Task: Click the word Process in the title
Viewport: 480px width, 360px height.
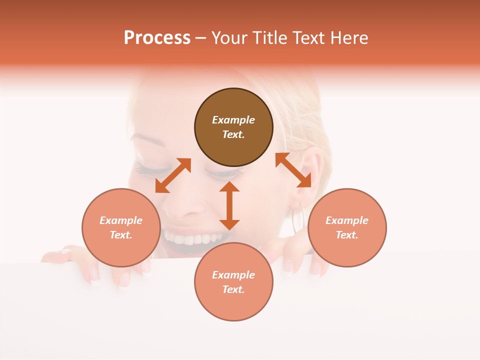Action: (157, 38)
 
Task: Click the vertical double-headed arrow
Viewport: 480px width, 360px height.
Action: (229, 205)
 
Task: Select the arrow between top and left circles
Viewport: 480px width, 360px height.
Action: (173, 175)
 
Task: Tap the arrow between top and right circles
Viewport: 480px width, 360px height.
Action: (293, 170)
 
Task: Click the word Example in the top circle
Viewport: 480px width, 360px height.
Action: (233, 120)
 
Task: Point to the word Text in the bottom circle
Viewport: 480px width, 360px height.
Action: (233, 289)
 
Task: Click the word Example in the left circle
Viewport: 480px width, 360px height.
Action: (121, 220)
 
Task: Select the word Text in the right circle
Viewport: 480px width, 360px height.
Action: (347, 235)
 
